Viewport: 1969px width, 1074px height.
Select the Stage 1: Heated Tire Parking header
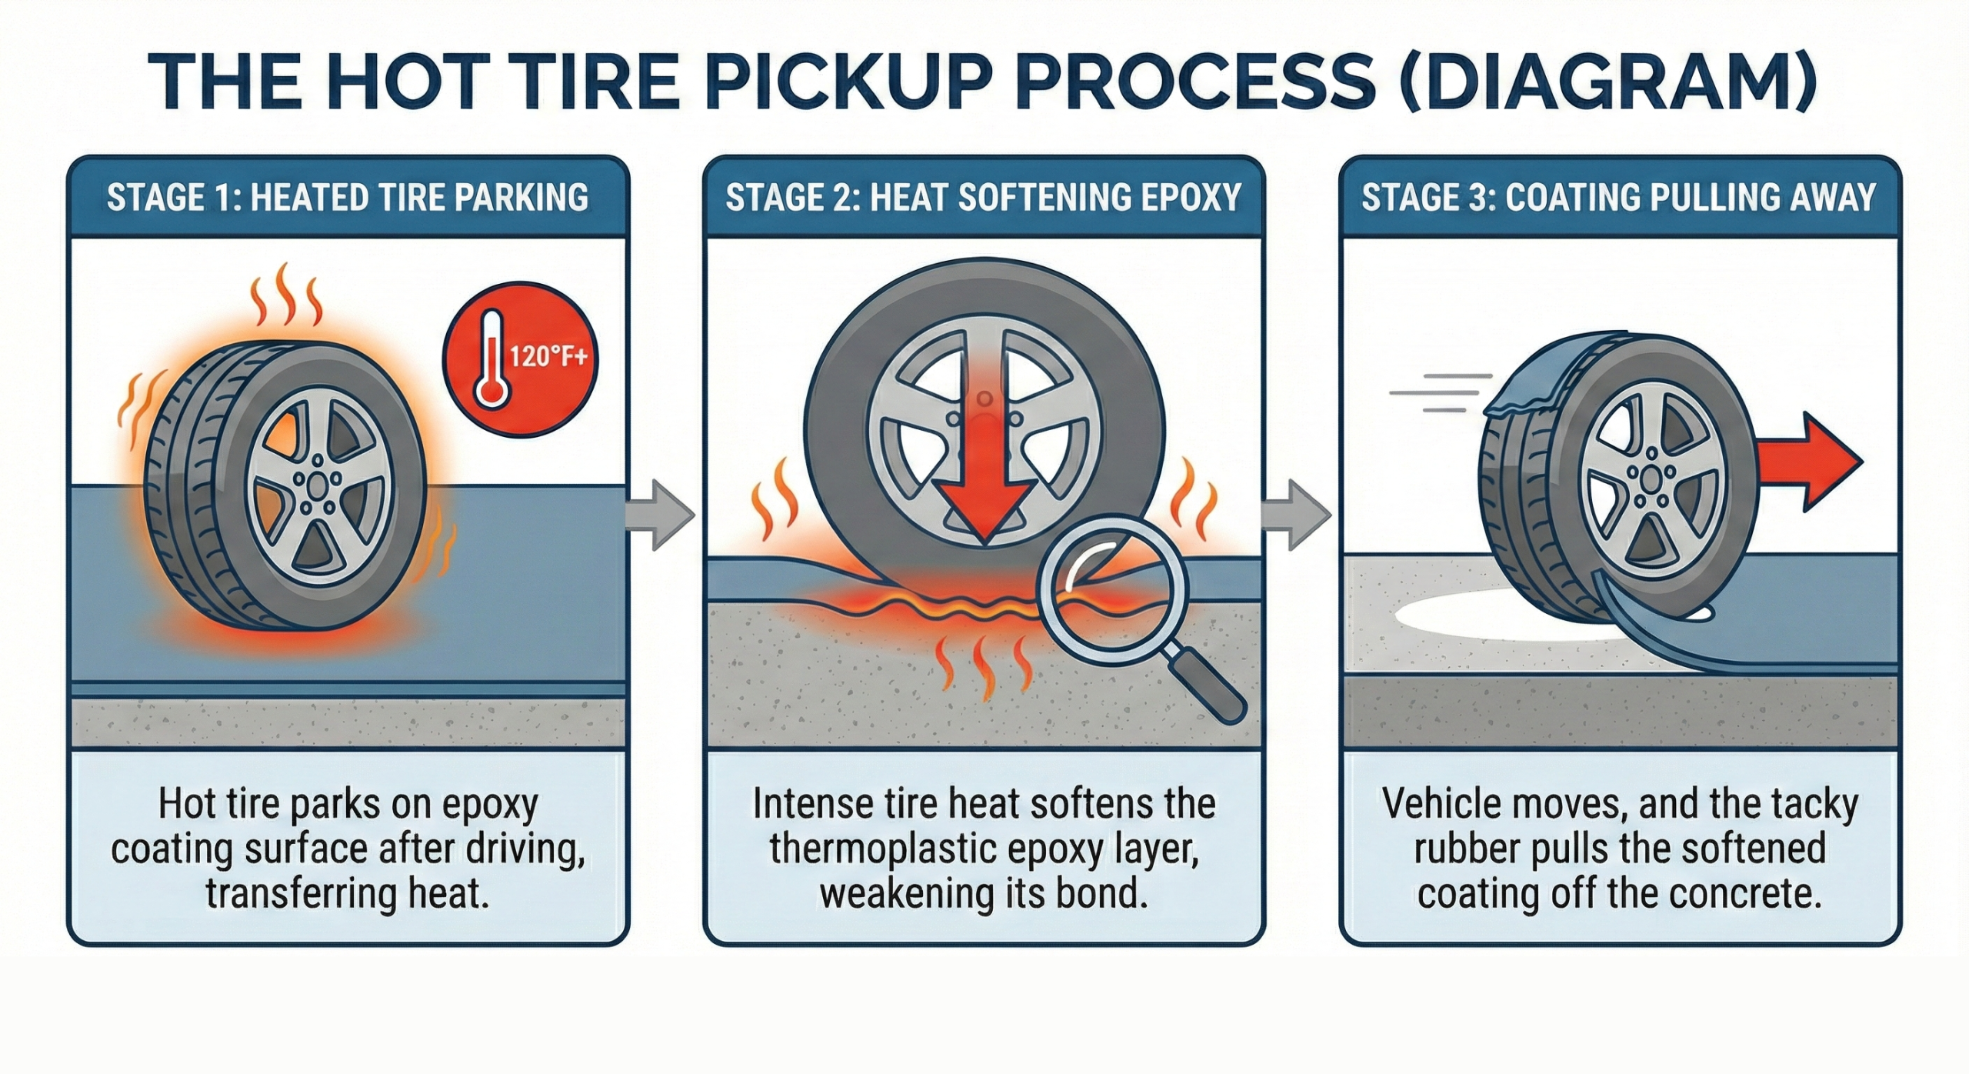[348, 198]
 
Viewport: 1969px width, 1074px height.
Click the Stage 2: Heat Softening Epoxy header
[984, 198]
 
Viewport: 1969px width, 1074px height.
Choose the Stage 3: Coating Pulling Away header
[1619, 198]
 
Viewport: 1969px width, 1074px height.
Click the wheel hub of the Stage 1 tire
[317, 489]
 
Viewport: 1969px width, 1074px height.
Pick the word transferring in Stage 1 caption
[298, 894]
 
